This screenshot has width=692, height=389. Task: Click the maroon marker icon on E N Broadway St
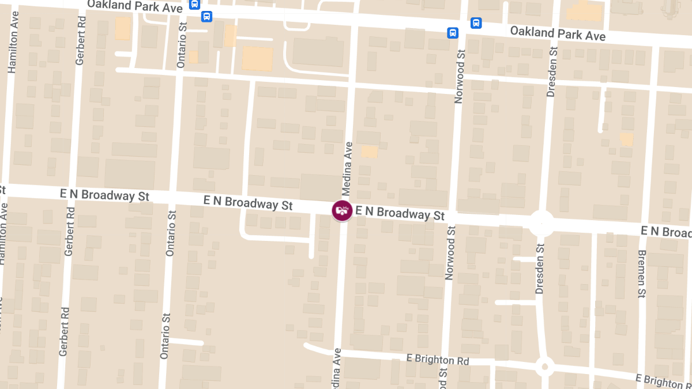coord(342,210)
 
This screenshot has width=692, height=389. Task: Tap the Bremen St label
coord(642,274)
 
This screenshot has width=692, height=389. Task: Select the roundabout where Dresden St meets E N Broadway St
coord(541,223)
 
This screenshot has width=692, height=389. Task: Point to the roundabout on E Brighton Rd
coord(544,366)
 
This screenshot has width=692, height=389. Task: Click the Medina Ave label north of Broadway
coord(347,168)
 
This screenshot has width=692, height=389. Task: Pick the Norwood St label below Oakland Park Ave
coord(460,76)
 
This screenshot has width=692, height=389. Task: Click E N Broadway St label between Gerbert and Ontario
coord(104,195)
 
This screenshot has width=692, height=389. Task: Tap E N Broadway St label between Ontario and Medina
coord(248,202)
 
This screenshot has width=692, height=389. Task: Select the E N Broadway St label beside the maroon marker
coord(400,213)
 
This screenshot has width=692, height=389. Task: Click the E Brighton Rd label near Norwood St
coord(438,360)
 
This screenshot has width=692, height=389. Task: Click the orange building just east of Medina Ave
coord(369,152)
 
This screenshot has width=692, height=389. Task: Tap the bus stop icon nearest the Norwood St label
coord(453,33)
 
